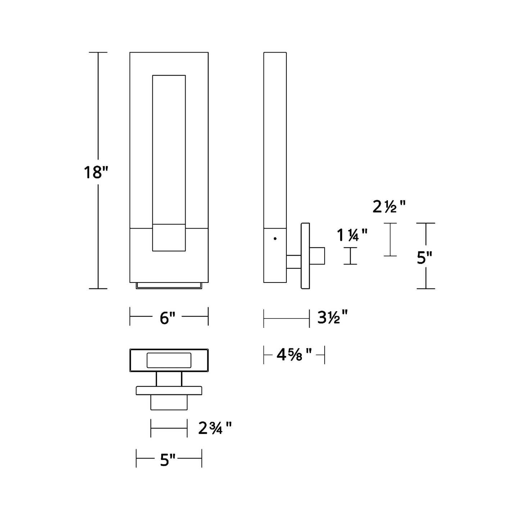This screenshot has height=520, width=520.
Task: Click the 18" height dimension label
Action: pyautogui.click(x=96, y=172)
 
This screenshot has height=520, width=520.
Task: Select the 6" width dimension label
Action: pyautogui.click(x=167, y=318)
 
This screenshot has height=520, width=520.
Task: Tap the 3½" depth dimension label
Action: pyautogui.click(x=333, y=317)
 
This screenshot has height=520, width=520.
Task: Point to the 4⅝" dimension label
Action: pyautogui.click(x=294, y=355)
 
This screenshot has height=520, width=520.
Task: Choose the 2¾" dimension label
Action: pyautogui.click(x=215, y=428)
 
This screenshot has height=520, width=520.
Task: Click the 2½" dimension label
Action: pyautogui.click(x=389, y=207)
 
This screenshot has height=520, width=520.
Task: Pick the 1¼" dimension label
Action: pyautogui.click(x=352, y=235)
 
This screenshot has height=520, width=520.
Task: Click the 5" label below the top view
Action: pyautogui.click(x=167, y=460)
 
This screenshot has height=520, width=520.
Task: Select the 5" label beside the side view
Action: pyautogui.click(x=424, y=258)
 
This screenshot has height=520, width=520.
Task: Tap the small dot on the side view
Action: pyautogui.click(x=275, y=239)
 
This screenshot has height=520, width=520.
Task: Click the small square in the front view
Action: pyautogui.click(x=169, y=238)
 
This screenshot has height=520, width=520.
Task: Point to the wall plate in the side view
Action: pyautogui.click(x=305, y=256)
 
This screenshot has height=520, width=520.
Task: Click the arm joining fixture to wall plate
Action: pyautogui.click(x=294, y=262)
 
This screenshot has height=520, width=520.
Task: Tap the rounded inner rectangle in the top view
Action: pyautogui.click(x=169, y=360)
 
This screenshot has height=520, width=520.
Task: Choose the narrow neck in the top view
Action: pyautogui.click(x=169, y=379)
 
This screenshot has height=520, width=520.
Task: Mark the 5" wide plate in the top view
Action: pyautogui.click(x=169, y=390)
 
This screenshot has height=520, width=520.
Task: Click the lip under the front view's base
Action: pyautogui.click(x=169, y=285)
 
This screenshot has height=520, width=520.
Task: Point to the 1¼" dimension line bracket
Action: pyautogui.click(x=350, y=256)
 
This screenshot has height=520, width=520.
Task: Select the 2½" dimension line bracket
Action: pyautogui.click(x=390, y=240)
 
